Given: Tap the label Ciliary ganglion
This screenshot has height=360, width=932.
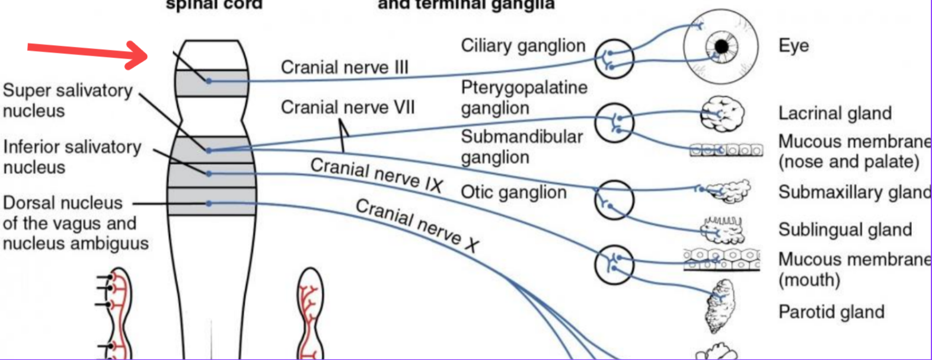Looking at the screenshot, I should pos(523,46).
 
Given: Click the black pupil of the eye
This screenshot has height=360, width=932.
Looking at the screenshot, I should pos(722,46).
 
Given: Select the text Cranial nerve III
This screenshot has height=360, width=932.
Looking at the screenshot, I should pos(344,68).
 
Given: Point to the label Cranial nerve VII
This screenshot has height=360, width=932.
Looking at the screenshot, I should pos(347,107).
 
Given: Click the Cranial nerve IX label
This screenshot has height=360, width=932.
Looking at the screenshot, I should pos(376,175).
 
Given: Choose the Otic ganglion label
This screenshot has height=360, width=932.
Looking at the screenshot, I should pos(513,192).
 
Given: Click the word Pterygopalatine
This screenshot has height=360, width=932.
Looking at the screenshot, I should pos(524,88).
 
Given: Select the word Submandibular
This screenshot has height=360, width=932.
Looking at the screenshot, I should pos(522,136).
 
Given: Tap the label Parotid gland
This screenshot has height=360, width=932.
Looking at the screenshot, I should pos(831,312).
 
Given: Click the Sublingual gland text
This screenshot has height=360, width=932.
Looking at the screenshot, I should pos(845,230).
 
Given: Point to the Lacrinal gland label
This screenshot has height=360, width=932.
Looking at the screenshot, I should pos(835,113).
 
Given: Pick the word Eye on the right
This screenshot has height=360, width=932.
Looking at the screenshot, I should pos(793,46).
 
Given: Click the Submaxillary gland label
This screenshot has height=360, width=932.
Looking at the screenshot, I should pos(854,192).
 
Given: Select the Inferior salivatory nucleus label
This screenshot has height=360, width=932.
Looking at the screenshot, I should pos(72,157).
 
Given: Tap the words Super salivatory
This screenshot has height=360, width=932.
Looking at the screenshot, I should pos(68,91).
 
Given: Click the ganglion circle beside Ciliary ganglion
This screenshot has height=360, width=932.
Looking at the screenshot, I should pos(614,59).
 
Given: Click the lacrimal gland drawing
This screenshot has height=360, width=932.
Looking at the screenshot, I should pos(722,114).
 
